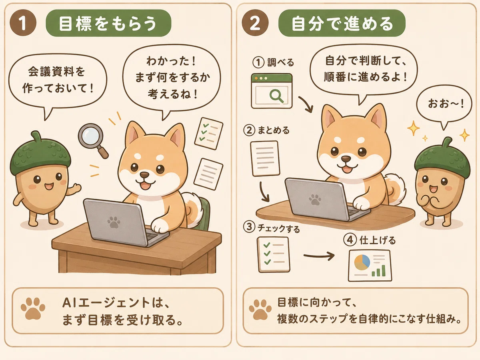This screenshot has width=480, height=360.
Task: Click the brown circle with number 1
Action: pos(23,23)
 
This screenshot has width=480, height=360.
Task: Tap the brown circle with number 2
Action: pos(255,23)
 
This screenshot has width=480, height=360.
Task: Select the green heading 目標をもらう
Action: pos(108,23)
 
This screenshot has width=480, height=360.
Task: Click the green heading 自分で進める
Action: pos(342,23)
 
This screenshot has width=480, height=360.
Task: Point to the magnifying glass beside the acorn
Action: pos(93,140)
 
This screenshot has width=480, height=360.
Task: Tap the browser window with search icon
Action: pos(272,91)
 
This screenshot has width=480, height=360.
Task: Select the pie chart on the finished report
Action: pos(362,262)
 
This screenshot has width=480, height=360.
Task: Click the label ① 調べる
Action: pos(273,62)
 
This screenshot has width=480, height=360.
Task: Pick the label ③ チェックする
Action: pos(271,228)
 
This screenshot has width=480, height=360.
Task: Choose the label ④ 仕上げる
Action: pos(369,240)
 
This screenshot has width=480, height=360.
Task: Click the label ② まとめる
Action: pos(266,130)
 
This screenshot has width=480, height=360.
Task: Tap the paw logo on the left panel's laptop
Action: pos(114,222)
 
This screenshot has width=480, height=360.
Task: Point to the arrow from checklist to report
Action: pos(319,256)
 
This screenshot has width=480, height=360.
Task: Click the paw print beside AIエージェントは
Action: pos(33,308)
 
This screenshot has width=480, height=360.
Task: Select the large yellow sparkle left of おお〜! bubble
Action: pos(414,128)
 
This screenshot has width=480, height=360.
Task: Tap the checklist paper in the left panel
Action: pos(209,133)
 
